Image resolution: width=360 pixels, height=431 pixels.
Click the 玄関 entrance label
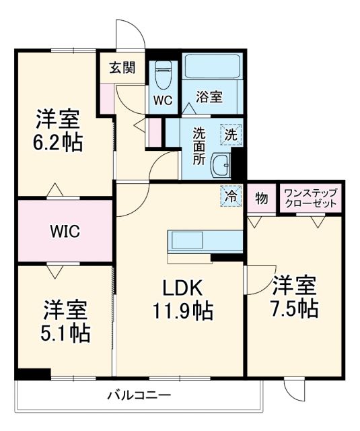click(123, 67)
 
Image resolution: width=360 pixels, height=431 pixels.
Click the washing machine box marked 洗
click(231, 134)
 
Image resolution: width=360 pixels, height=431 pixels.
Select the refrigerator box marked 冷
click(231, 197)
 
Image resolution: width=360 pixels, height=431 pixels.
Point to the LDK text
click(180, 288)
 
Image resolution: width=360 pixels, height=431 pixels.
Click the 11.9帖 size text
click(180, 311)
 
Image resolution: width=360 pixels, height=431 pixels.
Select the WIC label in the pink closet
click(65, 232)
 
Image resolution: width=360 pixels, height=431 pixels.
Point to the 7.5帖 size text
click(295, 308)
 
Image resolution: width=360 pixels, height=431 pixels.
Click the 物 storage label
click(261, 198)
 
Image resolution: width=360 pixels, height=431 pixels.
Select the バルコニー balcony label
click(139, 395)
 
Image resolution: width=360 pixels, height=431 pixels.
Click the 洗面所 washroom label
click(200, 145)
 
